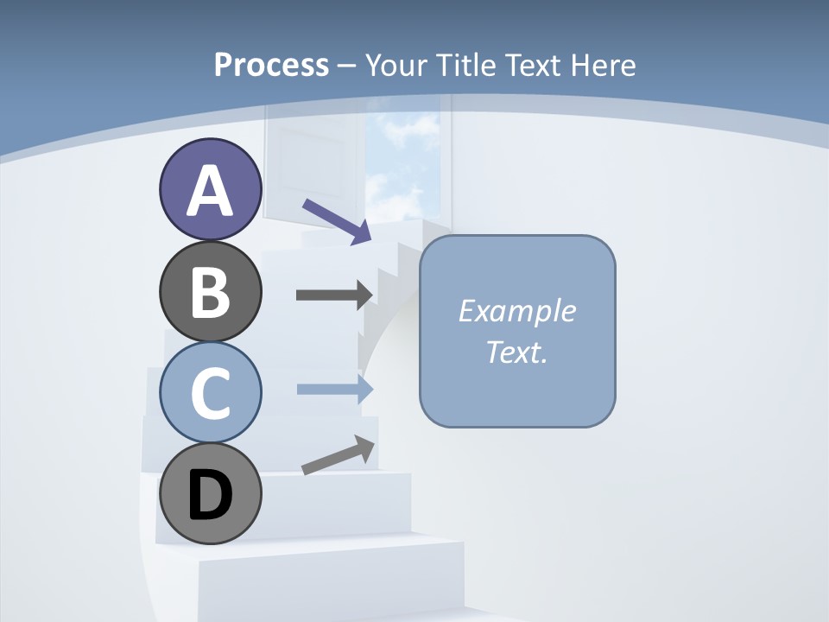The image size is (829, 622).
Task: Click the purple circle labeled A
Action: tap(210, 189)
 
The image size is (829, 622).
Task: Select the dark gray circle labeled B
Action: tap(210, 291)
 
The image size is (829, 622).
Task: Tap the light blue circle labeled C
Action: tap(210, 392)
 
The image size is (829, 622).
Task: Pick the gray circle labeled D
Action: tap(210, 493)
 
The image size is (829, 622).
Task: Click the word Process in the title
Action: tap(271, 65)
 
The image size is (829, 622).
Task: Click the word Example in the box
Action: tap(516, 311)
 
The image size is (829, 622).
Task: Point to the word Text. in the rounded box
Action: tap(516, 352)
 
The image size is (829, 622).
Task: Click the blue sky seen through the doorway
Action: tap(402, 164)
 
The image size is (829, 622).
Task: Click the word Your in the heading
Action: tap(396, 65)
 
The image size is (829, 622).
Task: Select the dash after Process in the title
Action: tap(346, 66)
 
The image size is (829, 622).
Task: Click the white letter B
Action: tap(210, 292)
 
